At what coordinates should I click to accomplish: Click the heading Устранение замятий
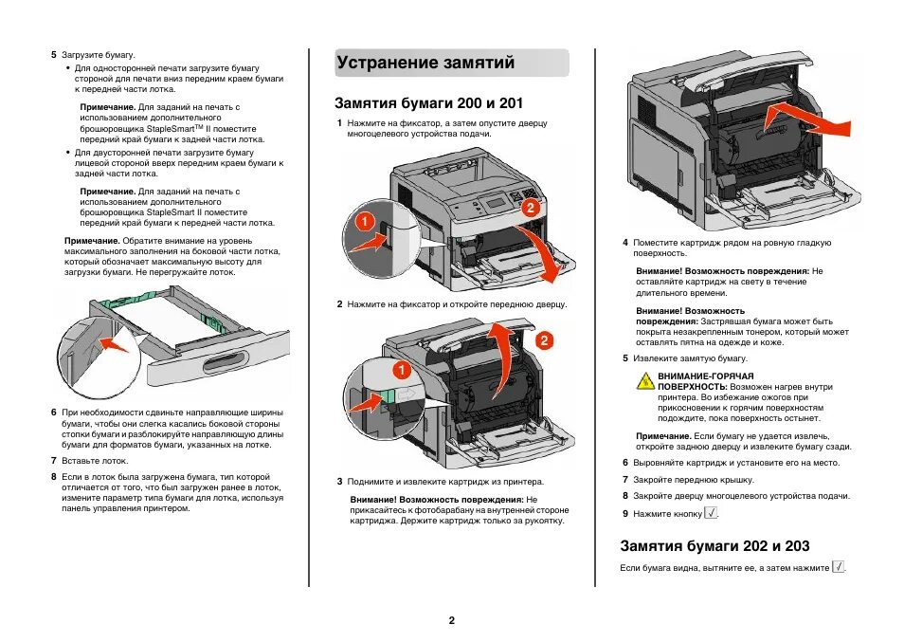(x=425, y=64)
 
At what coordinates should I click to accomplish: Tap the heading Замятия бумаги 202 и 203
(x=714, y=545)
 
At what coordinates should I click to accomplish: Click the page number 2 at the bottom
(x=452, y=620)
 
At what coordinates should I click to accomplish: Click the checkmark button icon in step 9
(x=712, y=512)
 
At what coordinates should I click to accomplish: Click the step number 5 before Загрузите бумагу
(x=53, y=55)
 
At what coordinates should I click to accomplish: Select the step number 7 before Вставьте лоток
(x=53, y=460)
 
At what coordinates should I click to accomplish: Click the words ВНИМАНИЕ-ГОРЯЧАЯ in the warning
(x=692, y=376)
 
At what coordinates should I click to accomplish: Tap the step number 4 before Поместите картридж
(x=625, y=243)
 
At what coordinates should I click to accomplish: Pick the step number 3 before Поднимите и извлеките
(x=339, y=481)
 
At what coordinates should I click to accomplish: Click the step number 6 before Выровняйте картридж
(x=625, y=463)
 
